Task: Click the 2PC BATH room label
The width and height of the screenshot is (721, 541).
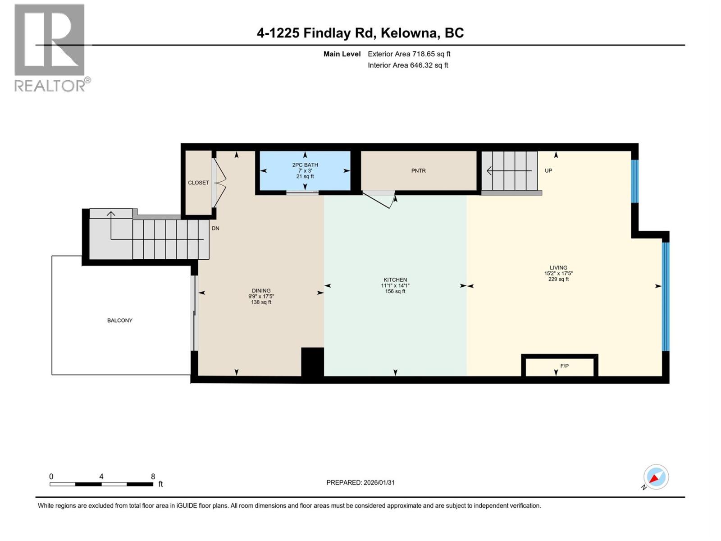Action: (305, 165)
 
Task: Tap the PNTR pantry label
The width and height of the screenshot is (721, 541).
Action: (418, 171)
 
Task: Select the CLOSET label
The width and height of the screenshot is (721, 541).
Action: (198, 183)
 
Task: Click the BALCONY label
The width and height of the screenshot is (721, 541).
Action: (120, 321)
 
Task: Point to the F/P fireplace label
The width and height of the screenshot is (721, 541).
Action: (564, 366)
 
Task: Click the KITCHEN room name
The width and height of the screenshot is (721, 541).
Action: (395, 280)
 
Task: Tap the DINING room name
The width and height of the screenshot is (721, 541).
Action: (261, 291)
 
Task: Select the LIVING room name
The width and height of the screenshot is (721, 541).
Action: (558, 267)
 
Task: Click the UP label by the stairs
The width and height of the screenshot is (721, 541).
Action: (548, 171)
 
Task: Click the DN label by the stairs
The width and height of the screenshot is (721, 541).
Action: (215, 229)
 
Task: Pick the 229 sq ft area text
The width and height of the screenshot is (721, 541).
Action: (558, 279)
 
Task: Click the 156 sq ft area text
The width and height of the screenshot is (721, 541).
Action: (395, 291)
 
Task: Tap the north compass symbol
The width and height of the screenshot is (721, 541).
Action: (656, 477)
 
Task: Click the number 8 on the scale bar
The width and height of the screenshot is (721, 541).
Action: (153, 477)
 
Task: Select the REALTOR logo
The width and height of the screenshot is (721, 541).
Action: (50, 47)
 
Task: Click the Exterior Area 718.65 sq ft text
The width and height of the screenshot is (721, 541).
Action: (409, 54)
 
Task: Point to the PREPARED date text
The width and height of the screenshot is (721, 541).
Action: (360, 482)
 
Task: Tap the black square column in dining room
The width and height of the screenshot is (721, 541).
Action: (312, 362)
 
